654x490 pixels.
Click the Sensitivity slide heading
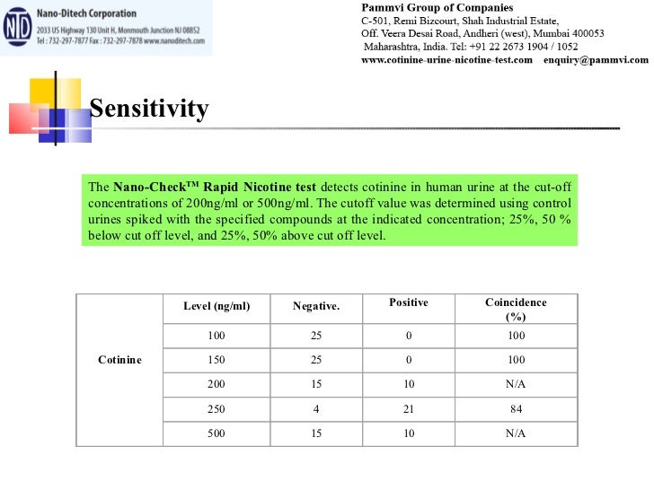click(149, 109)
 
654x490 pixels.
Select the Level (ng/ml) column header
click(217, 307)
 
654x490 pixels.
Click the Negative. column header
click(316, 307)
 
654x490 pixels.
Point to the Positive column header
click(408, 303)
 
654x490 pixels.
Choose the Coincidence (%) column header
click(516, 309)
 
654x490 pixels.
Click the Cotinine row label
click(119, 360)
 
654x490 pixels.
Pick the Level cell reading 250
click(217, 409)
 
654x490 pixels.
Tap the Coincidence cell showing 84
click(516, 409)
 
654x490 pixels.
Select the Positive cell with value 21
click(408, 409)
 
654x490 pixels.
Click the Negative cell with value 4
click(316, 409)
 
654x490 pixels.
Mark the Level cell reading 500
click(217, 433)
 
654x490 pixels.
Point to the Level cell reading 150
click(217, 360)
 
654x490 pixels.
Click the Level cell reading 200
click(217, 384)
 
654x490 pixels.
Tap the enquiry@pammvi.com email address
click(596, 60)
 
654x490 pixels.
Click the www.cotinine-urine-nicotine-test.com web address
click(446, 60)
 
